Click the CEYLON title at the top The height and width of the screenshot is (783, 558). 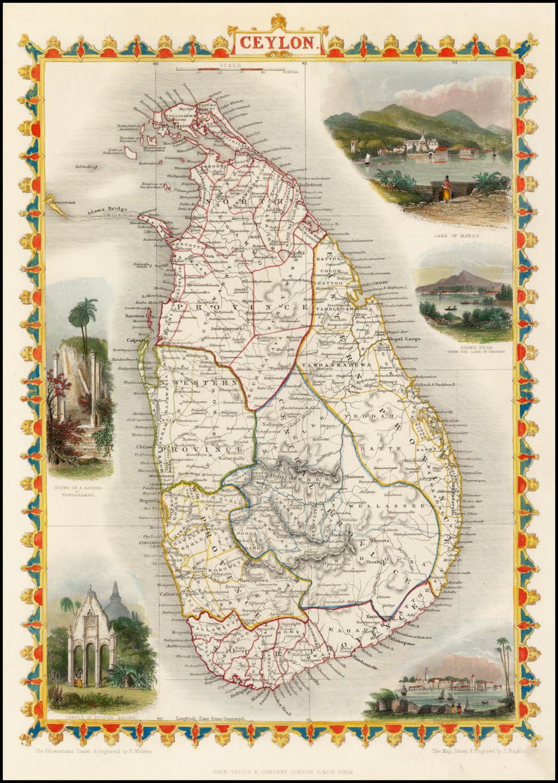click(277, 42)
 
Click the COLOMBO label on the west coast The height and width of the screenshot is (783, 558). click(149, 542)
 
